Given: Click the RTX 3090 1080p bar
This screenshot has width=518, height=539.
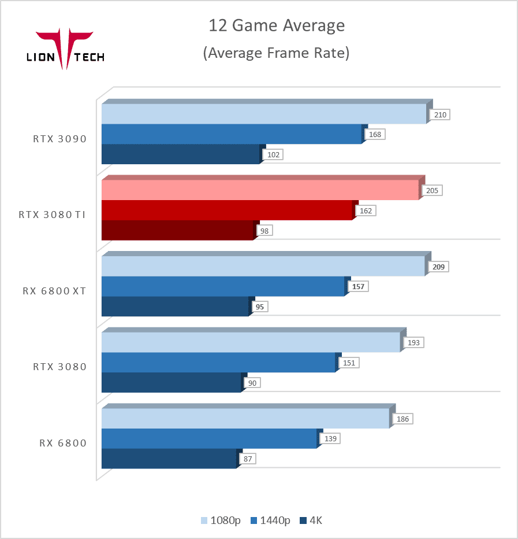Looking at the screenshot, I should (x=263, y=114).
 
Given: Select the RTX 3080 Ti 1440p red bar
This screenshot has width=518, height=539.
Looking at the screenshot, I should (x=226, y=211).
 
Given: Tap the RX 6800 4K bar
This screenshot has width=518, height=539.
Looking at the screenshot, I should (x=169, y=459).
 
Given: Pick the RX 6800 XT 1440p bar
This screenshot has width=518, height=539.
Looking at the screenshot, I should (x=222, y=286).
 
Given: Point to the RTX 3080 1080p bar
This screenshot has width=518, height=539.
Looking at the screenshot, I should (x=251, y=342).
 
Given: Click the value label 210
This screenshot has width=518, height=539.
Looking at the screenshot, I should (x=440, y=115).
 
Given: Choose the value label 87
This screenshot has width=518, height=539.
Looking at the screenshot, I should (x=248, y=459).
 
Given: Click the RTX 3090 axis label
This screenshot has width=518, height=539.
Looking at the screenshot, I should (x=59, y=139).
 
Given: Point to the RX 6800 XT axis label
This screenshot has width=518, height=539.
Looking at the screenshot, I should (x=54, y=291).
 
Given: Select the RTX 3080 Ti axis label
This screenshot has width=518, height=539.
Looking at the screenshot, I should (x=52, y=215).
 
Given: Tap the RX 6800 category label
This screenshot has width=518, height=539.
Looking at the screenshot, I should (x=63, y=443).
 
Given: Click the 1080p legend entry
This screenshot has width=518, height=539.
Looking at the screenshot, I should (x=221, y=520).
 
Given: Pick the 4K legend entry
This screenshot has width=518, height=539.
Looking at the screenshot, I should (x=311, y=520).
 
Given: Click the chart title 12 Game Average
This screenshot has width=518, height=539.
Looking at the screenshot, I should (x=277, y=26).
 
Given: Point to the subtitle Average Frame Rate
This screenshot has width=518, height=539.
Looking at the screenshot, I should (x=277, y=53).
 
